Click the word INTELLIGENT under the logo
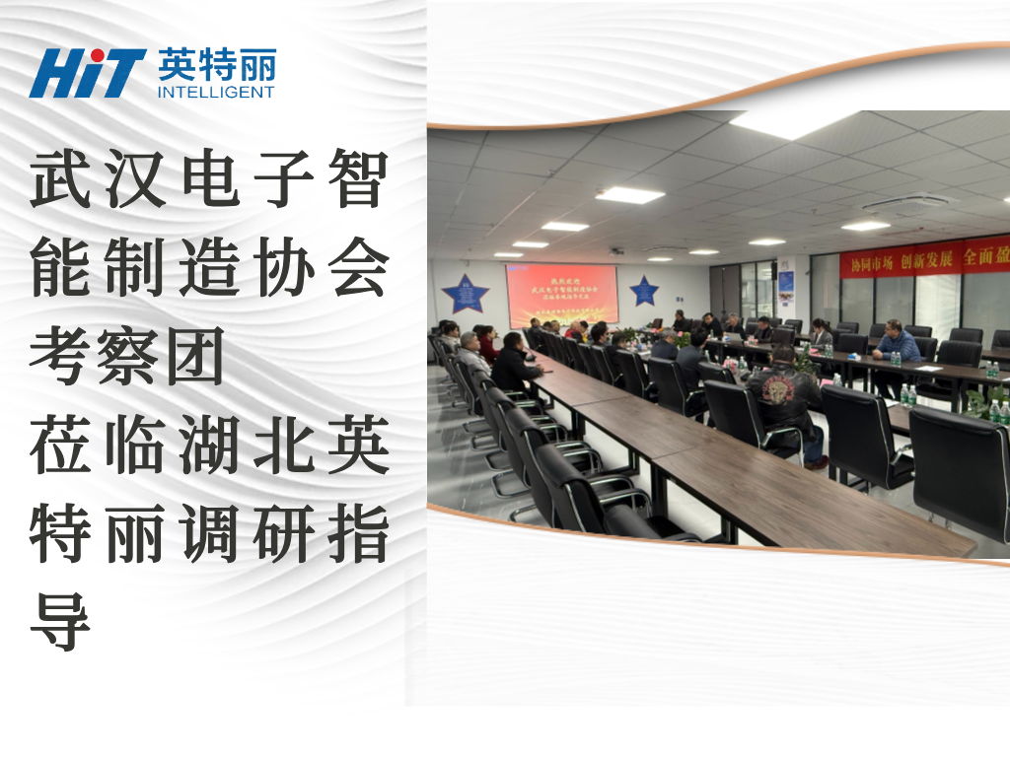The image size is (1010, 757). (x=216, y=93)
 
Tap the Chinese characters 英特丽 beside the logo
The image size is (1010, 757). (x=217, y=65)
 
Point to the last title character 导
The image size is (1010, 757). (x=60, y=622)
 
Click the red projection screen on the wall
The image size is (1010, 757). (x=562, y=294)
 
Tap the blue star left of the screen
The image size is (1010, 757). (x=465, y=294)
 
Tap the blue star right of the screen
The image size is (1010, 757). (x=644, y=290)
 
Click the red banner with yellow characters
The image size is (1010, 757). (x=924, y=257)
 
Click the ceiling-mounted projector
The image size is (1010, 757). (x=616, y=251)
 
